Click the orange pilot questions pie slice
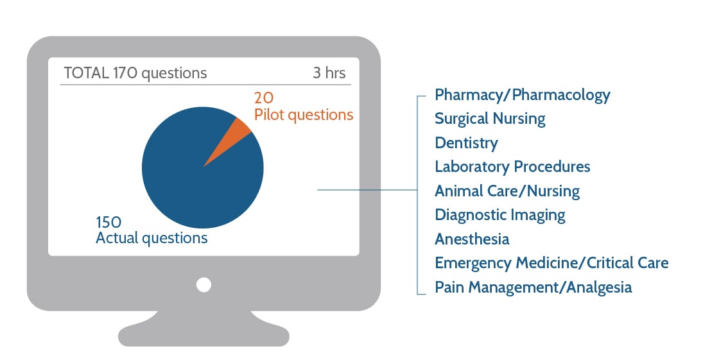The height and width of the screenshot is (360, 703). pos(237,132)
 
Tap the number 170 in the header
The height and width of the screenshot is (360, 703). pos(125,73)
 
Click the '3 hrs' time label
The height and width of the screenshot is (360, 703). pos(329,73)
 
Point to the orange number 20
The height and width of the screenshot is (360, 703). pos(264,98)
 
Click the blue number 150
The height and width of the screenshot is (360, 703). pos(108,222)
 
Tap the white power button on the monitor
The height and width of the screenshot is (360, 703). pos(204,284)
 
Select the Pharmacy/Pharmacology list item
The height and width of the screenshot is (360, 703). pos(522,95)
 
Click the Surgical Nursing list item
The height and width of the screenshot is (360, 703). pos(490,119)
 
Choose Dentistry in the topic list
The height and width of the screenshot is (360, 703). pos(466,142)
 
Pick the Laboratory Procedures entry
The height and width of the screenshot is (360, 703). pos(512,167)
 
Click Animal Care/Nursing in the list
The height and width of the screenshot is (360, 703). pos(507,191)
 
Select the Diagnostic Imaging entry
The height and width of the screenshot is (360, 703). pos(500,215)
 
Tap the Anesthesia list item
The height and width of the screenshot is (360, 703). pos(472,239)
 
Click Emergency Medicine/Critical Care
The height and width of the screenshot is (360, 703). pos(551,263)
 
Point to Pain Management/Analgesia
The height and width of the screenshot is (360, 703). pos(533,287)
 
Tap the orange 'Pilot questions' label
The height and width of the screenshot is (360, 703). pos(303,115)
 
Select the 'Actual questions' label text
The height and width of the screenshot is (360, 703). pos(152,238)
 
